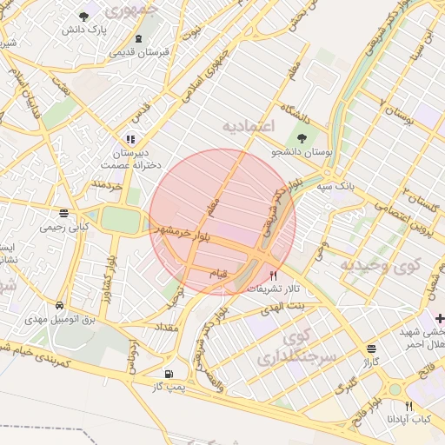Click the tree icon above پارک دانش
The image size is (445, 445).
[x=83, y=17]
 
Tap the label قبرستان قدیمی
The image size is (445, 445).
[x=138, y=52]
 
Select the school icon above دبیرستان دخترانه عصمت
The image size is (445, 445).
[x=130, y=138]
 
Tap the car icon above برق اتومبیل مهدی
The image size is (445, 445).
[x=58, y=306]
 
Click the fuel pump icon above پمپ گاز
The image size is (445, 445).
[x=169, y=372]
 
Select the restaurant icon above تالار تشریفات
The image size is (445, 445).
[x=275, y=275]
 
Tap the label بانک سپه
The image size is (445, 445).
[x=335, y=186]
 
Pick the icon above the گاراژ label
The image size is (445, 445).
[x=372, y=346]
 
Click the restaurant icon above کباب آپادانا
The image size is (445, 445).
[x=408, y=405]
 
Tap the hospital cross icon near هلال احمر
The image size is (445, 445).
[x=440, y=318]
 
